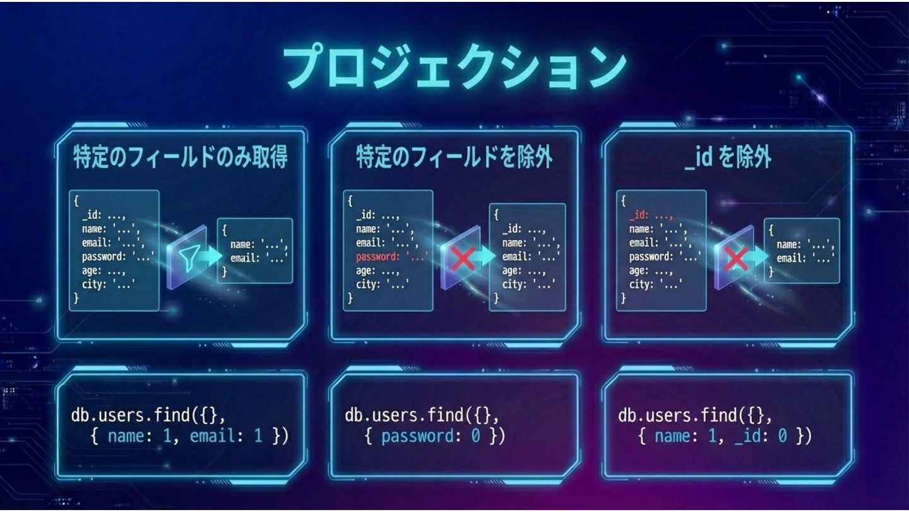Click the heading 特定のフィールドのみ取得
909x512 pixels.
pos(180,157)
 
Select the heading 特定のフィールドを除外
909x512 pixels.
pos(454,157)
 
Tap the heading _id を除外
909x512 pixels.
pos(727,157)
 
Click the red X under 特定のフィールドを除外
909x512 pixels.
pos(463,258)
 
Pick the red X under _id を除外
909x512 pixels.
pos(736,258)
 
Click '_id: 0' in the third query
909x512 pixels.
pos(761,436)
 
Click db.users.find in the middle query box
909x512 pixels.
pos(404,416)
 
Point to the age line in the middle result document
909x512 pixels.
pos(523,270)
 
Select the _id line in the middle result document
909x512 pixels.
pos(523,229)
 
